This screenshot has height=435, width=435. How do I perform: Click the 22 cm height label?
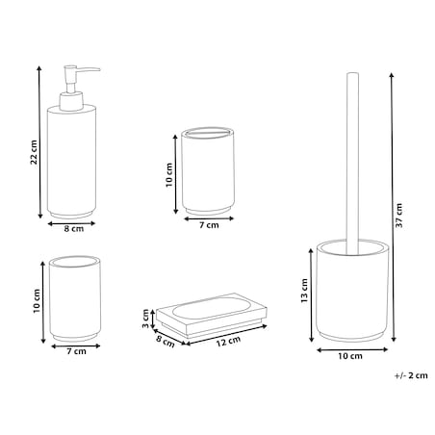click(x=34, y=152)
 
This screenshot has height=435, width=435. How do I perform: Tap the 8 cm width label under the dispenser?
click(x=74, y=229)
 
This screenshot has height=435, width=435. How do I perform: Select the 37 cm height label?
click(x=398, y=216)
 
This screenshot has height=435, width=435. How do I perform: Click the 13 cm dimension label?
click(x=304, y=291)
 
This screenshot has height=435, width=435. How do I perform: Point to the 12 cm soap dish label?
click(x=228, y=342)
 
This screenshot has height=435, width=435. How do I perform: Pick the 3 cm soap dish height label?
click(x=145, y=319)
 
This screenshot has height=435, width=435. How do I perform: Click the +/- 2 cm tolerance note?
click(x=411, y=375)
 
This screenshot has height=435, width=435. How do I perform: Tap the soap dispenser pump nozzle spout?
click(x=90, y=69)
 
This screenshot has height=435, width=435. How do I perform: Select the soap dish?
click(x=212, y=315)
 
